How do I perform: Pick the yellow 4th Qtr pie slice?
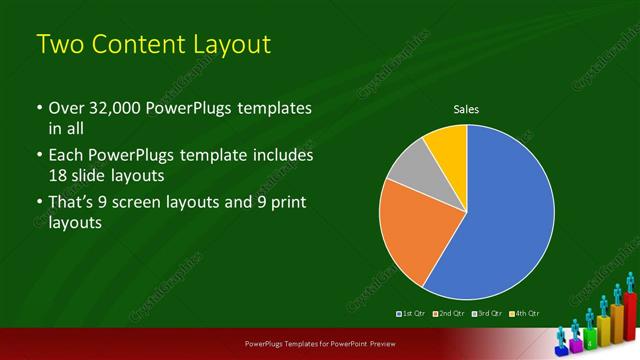point(448,146)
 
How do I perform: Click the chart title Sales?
point(467,108)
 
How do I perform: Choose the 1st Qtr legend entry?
point(412,314)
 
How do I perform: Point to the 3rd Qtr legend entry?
point(486,314)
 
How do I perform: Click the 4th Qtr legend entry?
point(523,314)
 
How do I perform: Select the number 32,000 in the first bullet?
point(109,108)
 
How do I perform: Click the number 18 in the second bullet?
point(59,175)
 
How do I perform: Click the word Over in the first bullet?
point(65,108)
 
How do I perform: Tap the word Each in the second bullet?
point(66,156)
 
